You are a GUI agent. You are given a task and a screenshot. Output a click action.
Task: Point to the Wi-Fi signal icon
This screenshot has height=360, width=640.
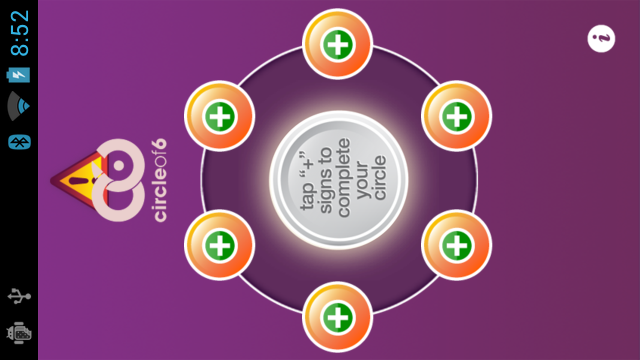pos(19,106)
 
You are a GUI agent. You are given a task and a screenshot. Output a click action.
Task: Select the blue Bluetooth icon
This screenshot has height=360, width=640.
pos(19,139)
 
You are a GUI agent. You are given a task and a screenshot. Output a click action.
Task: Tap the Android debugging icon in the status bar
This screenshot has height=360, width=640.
pos(19,333)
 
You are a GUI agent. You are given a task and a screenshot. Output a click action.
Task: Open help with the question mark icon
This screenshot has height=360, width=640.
pos(602,39)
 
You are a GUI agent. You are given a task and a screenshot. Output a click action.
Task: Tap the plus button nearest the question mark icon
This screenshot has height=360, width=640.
pos(456,115)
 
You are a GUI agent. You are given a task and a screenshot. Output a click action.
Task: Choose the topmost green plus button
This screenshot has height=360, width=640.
pos(338,44)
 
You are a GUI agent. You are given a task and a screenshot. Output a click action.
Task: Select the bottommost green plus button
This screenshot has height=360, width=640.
pos(338,318)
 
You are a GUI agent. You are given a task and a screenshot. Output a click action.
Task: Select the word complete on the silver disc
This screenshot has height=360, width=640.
pos(344,180)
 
